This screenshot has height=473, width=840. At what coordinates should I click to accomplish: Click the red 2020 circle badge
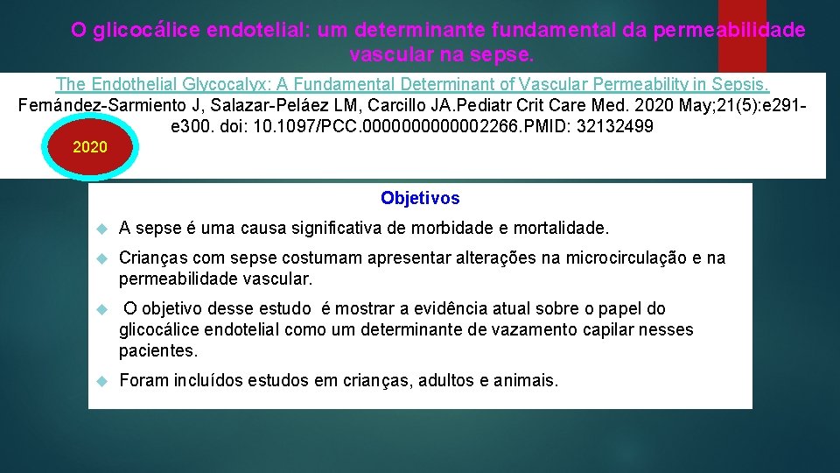click(103, 147)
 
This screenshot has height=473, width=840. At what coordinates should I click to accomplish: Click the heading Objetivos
click(420, 198)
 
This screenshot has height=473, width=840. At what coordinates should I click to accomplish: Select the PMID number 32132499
click(621, 126)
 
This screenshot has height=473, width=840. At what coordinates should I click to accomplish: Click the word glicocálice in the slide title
click(147, 31)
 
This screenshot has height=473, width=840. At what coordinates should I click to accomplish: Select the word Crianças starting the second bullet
click(151, 258)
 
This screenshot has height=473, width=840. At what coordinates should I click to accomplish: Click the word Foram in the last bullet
click(141, 381)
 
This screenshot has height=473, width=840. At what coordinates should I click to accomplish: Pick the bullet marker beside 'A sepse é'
click(101, 229)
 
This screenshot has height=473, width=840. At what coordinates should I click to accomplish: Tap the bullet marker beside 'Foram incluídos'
click(101, 382)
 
